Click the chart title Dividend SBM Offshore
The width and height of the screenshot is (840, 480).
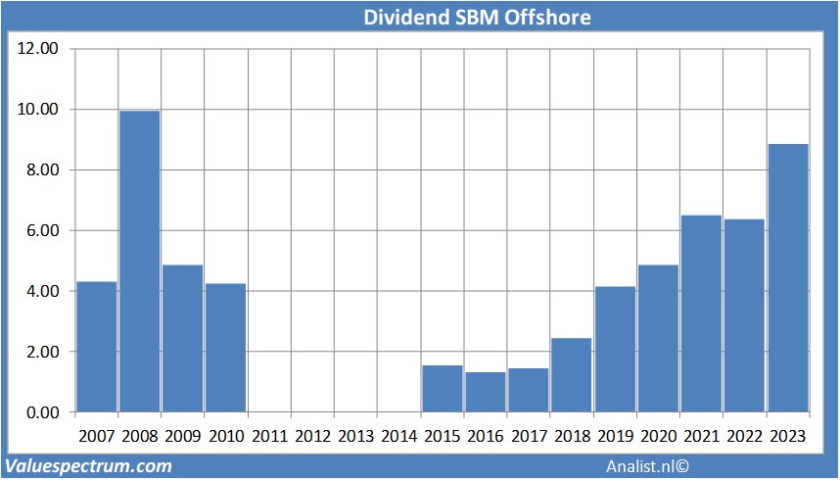477,18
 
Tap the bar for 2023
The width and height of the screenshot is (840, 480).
788,278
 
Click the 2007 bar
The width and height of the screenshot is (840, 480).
97,347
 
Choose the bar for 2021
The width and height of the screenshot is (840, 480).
702,313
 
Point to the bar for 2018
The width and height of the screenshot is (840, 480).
572,375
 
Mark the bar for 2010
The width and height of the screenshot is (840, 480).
226,348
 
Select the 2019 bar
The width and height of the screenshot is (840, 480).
615,349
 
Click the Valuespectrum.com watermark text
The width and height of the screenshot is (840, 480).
89,466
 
